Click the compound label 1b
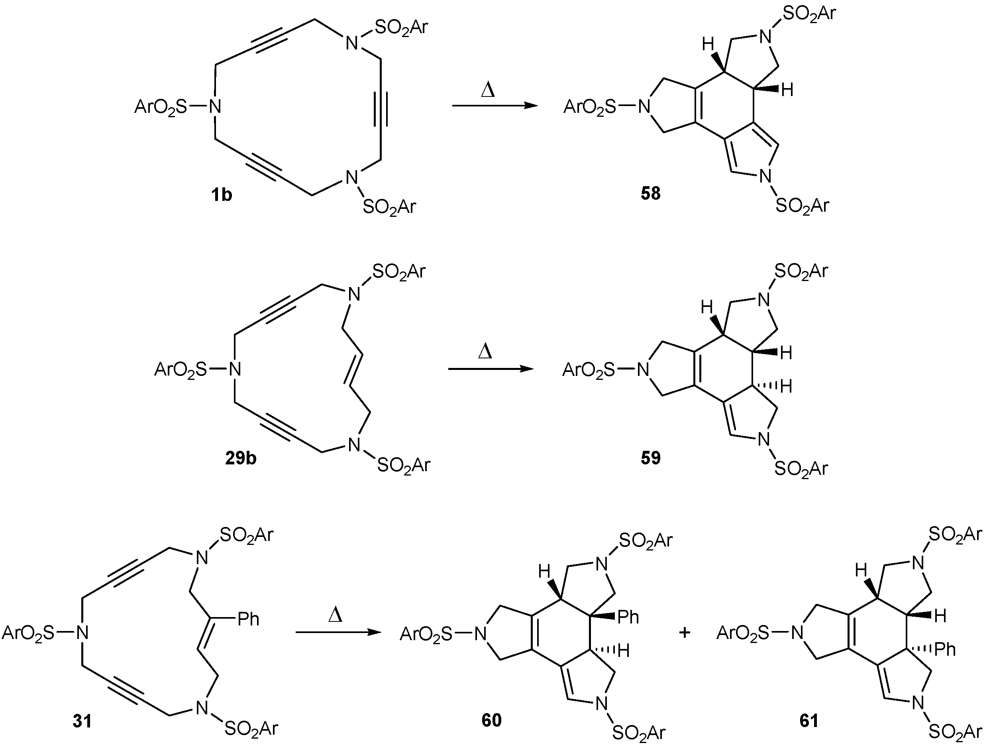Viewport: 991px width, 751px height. pyautogui.click(x=222, y=195)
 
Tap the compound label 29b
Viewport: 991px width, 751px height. pyautogui.click(x=241, y=458)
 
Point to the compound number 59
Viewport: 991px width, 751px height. pyautogui.click(x=651, y=458)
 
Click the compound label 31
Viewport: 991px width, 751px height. pyautogui.click(x=82, y=722)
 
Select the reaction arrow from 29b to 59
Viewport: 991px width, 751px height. pyautogui.click(x=491, y=369)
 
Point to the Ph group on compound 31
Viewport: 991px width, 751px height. pyautogui.click(x=248, y=619)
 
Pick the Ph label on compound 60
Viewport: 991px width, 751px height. pyautogui.click(x=628, y=617)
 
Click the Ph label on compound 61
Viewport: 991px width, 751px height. pyautogui.click(x=944, y=649)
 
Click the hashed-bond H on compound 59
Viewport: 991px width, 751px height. pyautogui.click(x=786, y=386)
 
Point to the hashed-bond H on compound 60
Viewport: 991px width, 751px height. pyautogui.click(x=624, y=651)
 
